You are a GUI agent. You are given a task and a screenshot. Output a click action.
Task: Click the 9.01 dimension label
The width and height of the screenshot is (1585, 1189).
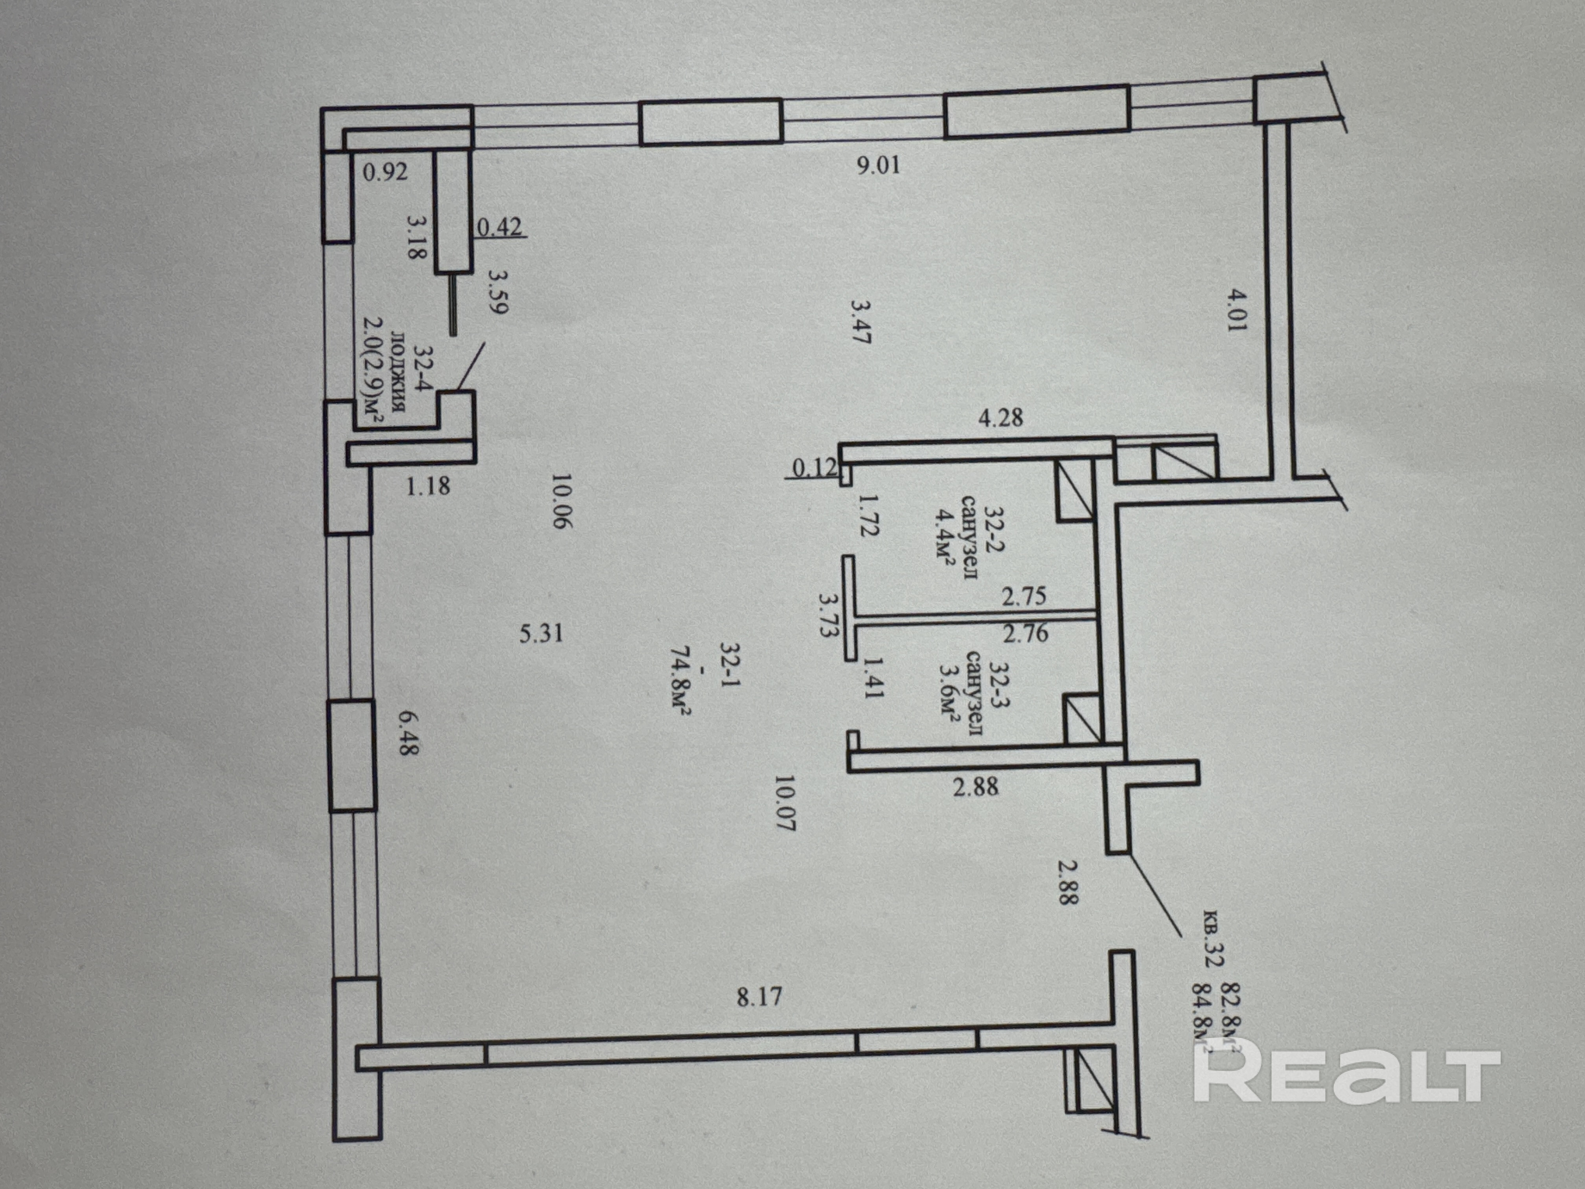[x=879, y=166]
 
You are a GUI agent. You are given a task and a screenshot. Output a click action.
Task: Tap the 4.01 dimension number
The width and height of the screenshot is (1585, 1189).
[x=1237, y=309]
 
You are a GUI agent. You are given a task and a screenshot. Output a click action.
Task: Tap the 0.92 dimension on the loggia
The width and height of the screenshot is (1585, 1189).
[x=385, y=172]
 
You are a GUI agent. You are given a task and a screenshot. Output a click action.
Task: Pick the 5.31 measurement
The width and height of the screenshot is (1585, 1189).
[x=541, y=633]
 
